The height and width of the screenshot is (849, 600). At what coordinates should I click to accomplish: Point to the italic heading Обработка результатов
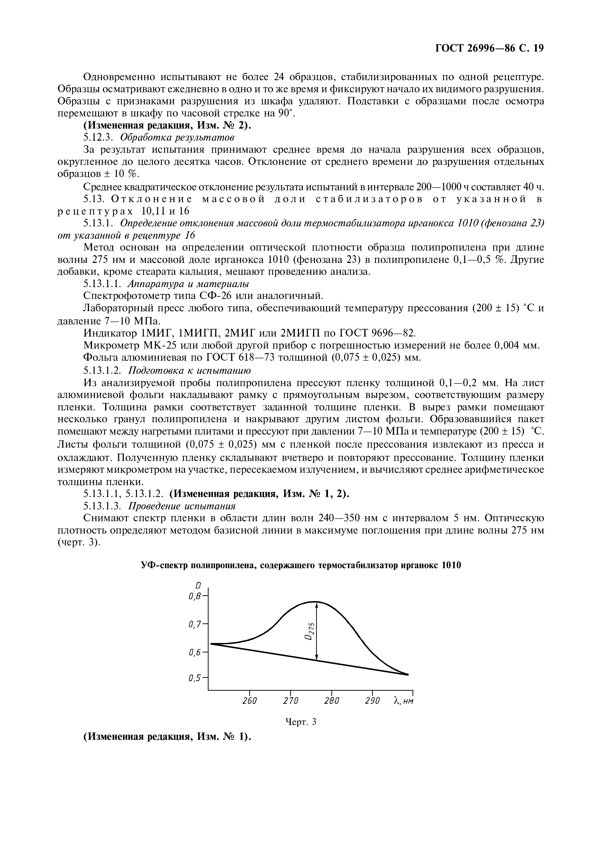pos(178,138)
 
